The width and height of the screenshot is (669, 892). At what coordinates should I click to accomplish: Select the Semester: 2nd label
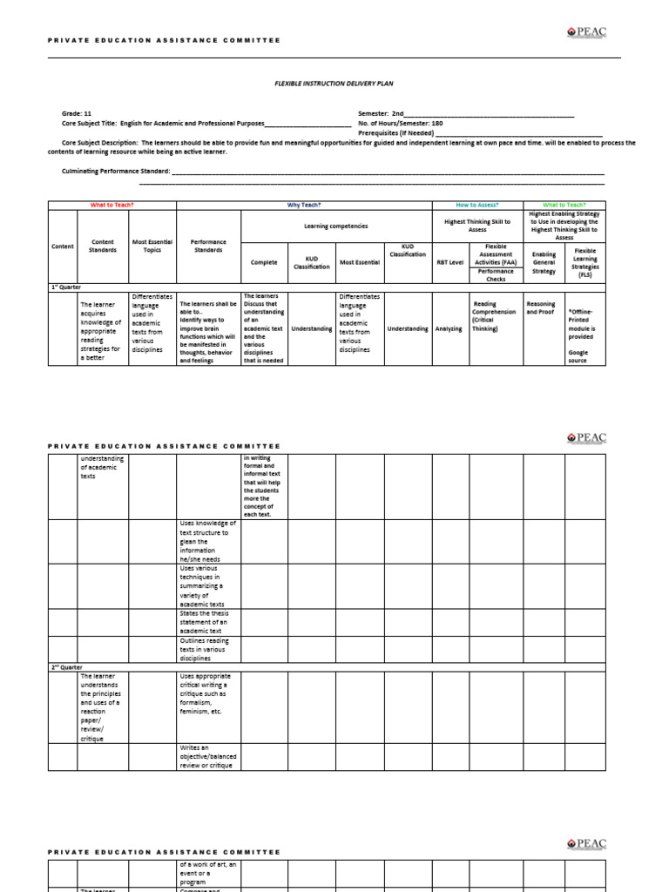pos(375,114)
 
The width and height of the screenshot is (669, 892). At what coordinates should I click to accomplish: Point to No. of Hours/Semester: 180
pos(400,124)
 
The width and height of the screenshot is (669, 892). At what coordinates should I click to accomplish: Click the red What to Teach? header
pos(112,205)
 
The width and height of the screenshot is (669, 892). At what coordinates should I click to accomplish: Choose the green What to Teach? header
pos(564,205)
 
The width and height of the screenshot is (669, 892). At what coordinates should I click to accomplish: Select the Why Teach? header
pos(304,205)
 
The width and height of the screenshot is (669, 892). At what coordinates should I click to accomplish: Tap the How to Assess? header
pos(477,205)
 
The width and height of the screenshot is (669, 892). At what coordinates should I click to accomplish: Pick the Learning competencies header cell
pos(335,226)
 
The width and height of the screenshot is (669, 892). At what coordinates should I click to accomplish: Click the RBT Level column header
pos(449,262)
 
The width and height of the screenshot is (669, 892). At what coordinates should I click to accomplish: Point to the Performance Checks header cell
pos(495,275)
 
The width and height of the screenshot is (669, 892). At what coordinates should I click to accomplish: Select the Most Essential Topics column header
pos(152,246)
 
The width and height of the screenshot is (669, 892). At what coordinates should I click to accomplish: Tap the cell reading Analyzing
pos(449,328)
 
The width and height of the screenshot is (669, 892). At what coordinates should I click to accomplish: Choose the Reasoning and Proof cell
pos(540,308)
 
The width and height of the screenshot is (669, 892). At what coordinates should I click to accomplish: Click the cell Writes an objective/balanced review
pos(208,756)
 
